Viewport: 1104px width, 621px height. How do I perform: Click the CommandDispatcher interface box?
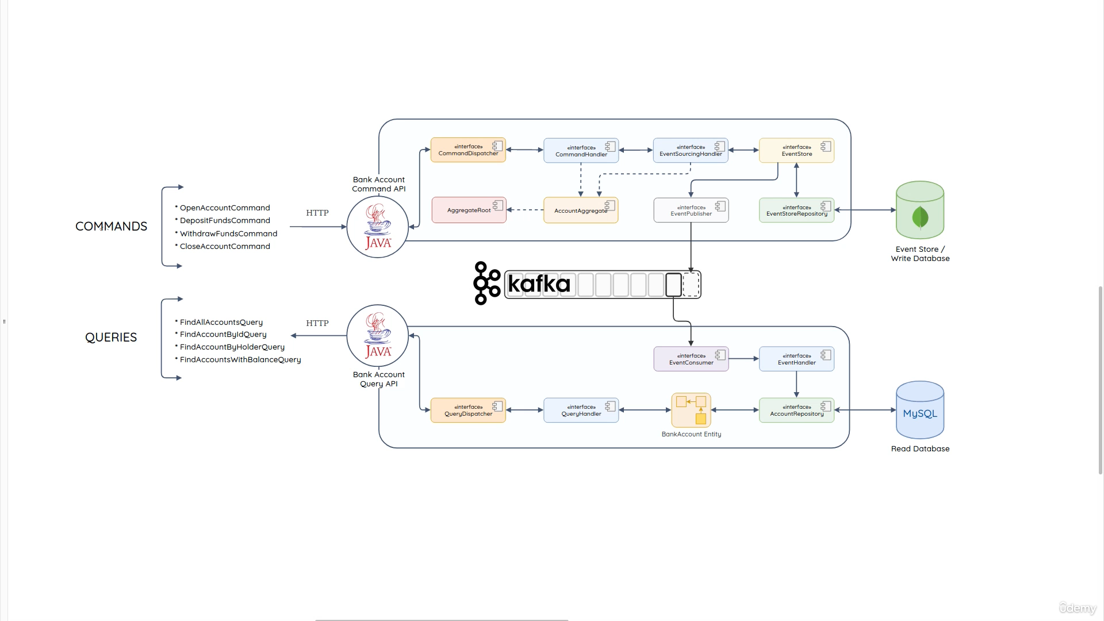point(468,150)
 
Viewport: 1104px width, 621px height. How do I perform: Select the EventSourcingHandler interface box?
point(690,151)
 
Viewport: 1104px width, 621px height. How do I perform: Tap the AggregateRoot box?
point(469,210)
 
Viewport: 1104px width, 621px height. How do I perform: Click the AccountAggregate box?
point(580,210)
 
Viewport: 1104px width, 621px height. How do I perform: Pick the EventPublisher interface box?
point(691,210)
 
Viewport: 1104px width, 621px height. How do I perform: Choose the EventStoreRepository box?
point(796,210)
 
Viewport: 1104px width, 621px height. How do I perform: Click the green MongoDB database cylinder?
point(919,210)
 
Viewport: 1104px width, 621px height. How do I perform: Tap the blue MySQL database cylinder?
point(919,411)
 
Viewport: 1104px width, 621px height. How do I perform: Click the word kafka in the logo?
point(539,284)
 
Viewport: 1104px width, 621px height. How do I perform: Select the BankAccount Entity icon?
point(691,410)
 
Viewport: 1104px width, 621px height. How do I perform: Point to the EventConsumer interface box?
point(691,359)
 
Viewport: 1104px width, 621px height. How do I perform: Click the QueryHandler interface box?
point(581,411)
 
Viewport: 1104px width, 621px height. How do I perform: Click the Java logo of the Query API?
point(378,336)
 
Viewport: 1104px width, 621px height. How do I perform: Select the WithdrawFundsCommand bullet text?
point(228,233)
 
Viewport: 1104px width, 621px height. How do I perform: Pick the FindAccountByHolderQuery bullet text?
point(232,347)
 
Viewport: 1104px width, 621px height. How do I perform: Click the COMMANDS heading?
point(111,227)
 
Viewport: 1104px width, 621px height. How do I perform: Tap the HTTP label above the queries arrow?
point(317,323)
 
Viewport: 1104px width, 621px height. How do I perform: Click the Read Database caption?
point(920,448)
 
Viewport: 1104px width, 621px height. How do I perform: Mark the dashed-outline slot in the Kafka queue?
point(691,285)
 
